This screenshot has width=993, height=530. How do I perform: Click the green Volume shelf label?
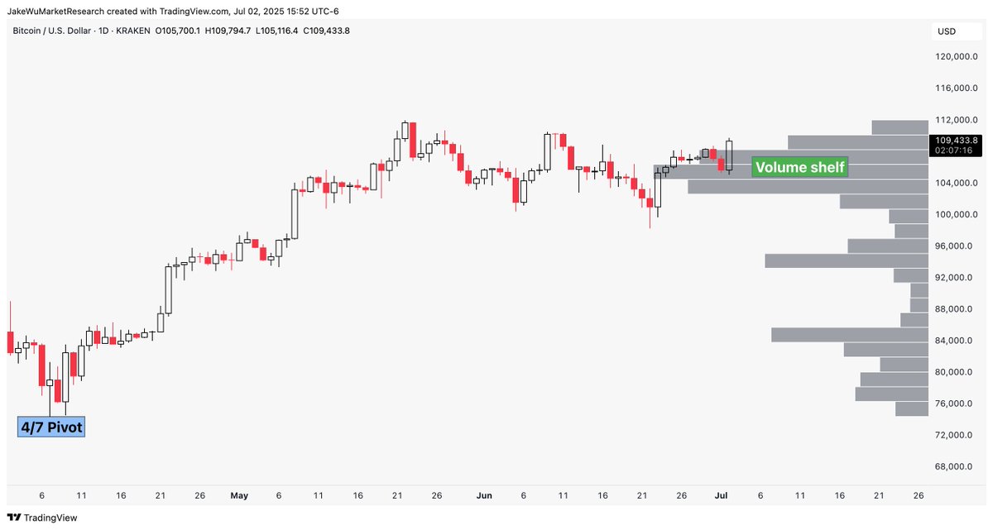[x=799, y=168]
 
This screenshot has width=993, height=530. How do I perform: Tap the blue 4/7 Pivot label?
[x=50, y=427]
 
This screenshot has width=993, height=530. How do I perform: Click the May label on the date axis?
[x=239, y=496]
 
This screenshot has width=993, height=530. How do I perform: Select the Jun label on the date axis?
[x=485, y=496]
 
